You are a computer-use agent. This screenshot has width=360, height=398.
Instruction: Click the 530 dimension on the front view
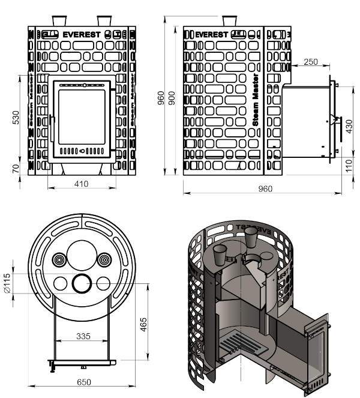pyautogui.click(x=16, y=118)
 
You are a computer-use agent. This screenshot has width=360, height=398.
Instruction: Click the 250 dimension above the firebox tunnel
pyautogui.click(x=311, y=62)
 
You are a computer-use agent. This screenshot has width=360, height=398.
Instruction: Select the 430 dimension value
pyautogui.click(x=349, y=127)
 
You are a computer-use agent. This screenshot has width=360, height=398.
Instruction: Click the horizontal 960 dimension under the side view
pyautogui.click(x=265, y=188)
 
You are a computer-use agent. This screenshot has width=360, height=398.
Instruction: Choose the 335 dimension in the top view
pyautogui.click(x=83, y=337)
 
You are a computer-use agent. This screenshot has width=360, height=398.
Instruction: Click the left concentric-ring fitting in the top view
pyautogui.click(x=60, y=260)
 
